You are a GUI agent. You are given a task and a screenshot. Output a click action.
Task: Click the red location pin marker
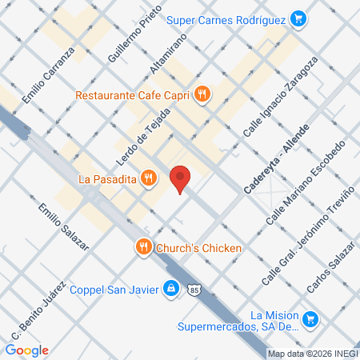(181, 178)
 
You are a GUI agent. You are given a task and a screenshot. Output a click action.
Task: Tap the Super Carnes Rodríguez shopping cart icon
(298, 17)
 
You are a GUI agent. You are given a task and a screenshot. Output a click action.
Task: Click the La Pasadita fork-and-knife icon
(147, 178)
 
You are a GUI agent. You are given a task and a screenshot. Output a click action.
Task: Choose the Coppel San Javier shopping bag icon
(170, 288)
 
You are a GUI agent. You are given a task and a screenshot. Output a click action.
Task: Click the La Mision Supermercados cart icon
(312, 320)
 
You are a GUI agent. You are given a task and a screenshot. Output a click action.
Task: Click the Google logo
(26, 350)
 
